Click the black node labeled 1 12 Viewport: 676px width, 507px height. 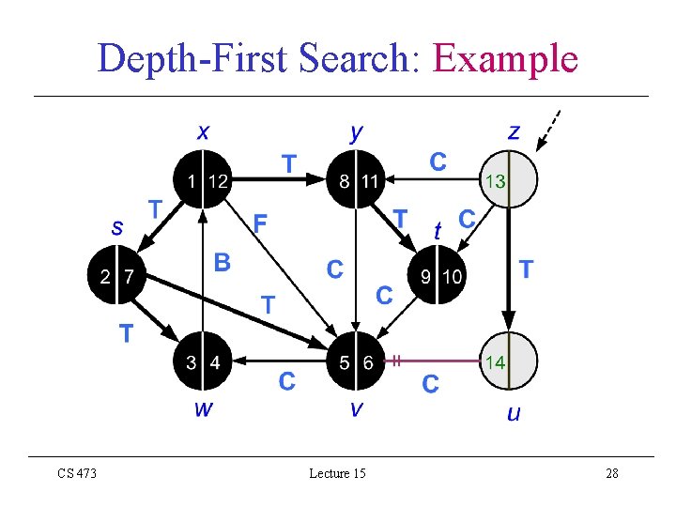203,179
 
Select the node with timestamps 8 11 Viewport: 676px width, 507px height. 356,179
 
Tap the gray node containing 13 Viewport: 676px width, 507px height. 508,179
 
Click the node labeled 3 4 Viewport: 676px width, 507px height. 203,362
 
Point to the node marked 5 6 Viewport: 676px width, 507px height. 356,362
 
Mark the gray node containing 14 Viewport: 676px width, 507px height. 508,362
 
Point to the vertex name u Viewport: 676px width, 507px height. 513,412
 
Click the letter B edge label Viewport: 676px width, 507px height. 222,262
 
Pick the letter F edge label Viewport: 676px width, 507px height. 261,223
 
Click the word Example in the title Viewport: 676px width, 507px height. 504,58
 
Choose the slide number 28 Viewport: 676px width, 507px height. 611,473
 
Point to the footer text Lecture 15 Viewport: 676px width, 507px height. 337,473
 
